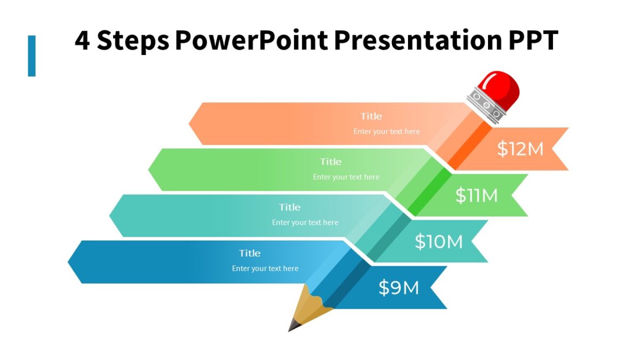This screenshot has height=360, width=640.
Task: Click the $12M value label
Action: [520, 149]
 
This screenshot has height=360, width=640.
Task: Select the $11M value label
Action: [476, 196]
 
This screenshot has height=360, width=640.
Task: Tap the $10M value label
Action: [438, 242]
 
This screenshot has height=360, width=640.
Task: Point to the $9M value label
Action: [398, 288]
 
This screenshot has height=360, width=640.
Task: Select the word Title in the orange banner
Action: [371, 116]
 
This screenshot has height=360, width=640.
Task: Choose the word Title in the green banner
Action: [331, 162]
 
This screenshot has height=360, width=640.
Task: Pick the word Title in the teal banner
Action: [290, 207]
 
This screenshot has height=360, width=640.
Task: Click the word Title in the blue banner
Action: [250, 253]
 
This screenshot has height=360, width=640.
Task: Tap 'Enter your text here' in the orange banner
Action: [387, 131]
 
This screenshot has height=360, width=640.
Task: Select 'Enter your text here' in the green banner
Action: [346, 177]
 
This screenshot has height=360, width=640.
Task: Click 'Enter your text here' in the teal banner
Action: [305, 222]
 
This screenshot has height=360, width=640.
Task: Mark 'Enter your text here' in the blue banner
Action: [265, 268]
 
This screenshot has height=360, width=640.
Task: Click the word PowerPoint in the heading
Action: [251, 41]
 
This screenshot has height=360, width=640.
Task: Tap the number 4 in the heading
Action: [82, 41]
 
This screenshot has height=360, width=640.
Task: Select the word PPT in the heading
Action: [531, 41]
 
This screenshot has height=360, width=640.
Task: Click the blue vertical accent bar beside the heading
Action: [31, 56]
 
